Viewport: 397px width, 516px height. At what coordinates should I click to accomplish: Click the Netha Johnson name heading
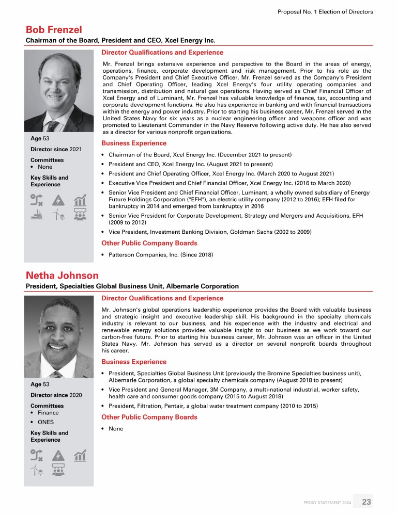[62, 276]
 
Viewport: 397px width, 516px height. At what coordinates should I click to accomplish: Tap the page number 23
[367, 502]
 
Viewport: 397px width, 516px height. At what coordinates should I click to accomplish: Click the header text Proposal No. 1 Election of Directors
[325, 11]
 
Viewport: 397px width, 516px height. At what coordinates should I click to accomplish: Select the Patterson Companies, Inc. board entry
[160, 254]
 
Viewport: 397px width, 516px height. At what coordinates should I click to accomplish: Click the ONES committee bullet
[45, 422]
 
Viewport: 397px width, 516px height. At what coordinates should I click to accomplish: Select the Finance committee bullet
[47, 413]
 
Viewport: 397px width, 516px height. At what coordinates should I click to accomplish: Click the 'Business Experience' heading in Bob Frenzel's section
[133, 143]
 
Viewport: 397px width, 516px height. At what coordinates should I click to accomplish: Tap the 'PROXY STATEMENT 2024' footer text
[327, 502]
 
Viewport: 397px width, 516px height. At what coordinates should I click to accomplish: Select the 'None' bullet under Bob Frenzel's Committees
[44, 167]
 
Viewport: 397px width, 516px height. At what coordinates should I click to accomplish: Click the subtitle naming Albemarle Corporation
[132, 286]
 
